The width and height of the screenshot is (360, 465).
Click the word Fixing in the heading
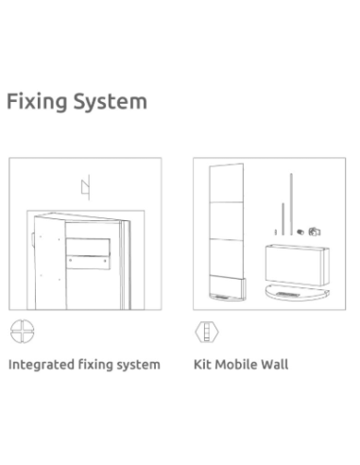click(x=37, y=102)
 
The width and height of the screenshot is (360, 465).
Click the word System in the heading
click(x=111, y=102)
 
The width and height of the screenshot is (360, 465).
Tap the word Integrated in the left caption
click(x=41, y=365)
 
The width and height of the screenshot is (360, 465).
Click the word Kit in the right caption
click(x=202, y=364)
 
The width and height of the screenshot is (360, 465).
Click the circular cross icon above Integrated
click(x=22, y=331)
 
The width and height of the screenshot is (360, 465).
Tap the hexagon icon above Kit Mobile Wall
click(x=207, y=332)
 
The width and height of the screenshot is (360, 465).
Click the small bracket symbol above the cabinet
click(x=86, y=187)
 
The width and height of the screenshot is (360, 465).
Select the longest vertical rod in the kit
click(x=291, y=204)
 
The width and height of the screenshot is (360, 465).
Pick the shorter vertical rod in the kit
click(x=283, y=219)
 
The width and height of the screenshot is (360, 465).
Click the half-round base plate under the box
click(x=297, y=293)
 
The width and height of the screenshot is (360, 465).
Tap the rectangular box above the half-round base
click(x=298, y=266)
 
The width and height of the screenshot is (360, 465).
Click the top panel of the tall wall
click(x=227, y=183)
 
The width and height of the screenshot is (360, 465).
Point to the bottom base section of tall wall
click(x=227, y=288)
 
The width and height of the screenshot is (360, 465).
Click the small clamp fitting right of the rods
click(x=315, y=232)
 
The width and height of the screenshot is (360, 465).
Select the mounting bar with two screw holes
click(x=88, y=263)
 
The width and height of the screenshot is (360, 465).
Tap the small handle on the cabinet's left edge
click(x=33, y=238)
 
